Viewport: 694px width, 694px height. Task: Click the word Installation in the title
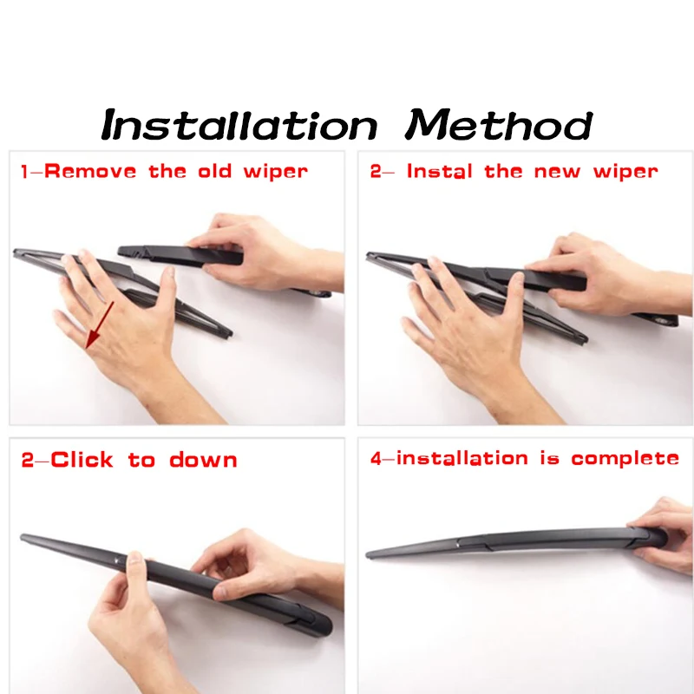[239, 124]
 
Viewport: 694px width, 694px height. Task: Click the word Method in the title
[499, 124]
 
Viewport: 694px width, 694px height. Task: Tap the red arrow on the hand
[100, 324]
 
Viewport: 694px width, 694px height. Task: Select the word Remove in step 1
[90, 171]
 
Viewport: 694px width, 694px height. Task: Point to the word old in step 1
[214, 171]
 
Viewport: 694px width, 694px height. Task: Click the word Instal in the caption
[440, 171]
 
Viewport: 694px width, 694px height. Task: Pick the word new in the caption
[557, 172]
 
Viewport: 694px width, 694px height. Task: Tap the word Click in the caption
[82, 460]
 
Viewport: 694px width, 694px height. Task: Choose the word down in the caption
[203, 460]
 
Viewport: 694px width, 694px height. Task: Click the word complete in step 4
[625, 459]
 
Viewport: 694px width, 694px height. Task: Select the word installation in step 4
[462, 458]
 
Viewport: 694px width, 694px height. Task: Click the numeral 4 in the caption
[376, 459]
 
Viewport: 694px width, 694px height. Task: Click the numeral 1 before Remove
[25, 172]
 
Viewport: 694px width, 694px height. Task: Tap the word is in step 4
[549, 458]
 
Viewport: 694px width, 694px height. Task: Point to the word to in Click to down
[141, 460]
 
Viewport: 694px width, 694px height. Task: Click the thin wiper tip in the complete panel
[368, 554]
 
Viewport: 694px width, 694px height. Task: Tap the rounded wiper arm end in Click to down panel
[327, 625]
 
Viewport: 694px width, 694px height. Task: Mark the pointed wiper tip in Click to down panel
[23, 537]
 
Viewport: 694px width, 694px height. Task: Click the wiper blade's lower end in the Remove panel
[228, 335]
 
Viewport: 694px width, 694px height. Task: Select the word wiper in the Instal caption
[625, 172]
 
